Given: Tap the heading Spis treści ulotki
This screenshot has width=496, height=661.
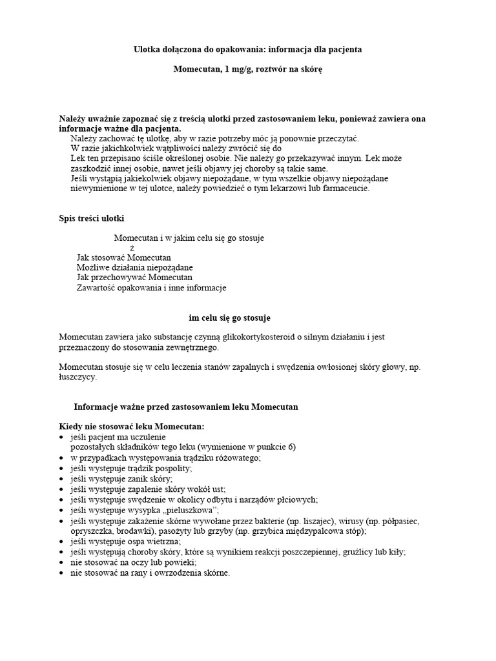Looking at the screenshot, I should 91,218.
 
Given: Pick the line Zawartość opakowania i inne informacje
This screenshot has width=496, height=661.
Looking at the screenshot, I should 151,288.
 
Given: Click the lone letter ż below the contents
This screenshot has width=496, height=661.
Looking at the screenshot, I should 132,248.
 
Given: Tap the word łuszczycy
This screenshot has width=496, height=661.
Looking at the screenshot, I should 77,378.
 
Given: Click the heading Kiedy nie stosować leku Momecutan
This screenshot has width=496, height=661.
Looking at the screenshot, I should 132,427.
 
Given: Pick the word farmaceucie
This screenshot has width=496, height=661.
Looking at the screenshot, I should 344,188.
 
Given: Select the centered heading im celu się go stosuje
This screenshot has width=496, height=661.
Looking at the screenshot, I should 229,318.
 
